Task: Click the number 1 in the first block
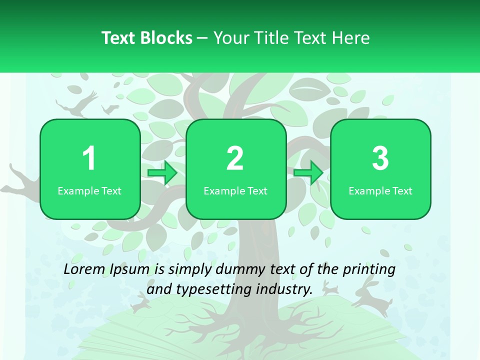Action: pos(89,158)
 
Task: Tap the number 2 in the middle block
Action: pos(235,158)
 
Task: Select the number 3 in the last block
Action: pos(380,158)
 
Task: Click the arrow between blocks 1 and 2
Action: pos(163,173)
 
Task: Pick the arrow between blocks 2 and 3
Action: pos(308,173)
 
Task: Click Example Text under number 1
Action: pos(89,191)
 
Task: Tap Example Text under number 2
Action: pos(235,191)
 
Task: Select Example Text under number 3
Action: pos(380,191)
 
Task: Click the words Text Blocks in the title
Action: pos(146,38)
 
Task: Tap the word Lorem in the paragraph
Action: pos(82,269)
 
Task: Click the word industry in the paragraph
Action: pos(284,289)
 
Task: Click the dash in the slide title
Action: pos(202,38)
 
